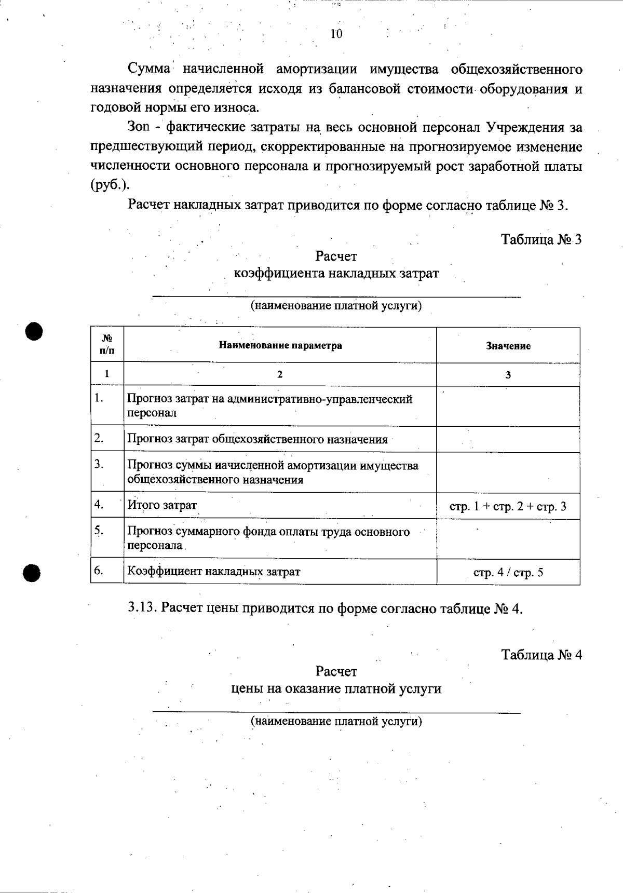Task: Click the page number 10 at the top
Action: [x=336, y=34]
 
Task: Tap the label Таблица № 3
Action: [x=541, y=239]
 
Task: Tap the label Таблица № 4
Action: [x=541, y=655]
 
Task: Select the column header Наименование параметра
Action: [x=280, y=346]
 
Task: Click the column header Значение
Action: [x=508, y=346]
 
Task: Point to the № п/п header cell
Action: [x=107, y=345]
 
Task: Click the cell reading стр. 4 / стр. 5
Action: [x=508, y=573]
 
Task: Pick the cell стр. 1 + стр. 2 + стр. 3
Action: [x=508, y=506]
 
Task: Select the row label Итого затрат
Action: [x=162, y=505]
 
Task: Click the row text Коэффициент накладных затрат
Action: [x=214, y=572]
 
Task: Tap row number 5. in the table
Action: [x=99, y=530]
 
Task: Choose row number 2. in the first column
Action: [x=99, y=438]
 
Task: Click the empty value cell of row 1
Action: [x=508, y=407]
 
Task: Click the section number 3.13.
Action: [x=142, y=608]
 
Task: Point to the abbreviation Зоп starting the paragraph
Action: [x=138, y=128]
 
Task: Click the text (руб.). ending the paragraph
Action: [x=110, y=186]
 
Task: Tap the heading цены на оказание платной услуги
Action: [x=336, y=689]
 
